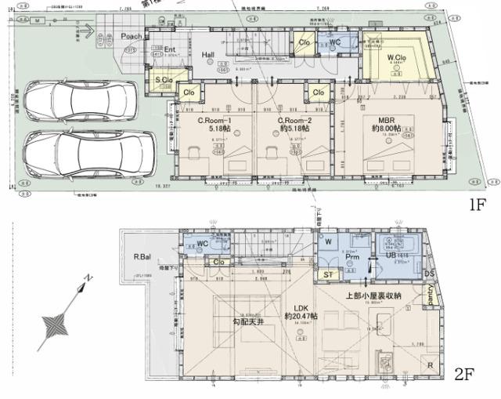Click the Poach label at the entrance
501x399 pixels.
(x=132, y=37)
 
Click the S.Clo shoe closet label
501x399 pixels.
(x=164, y=80)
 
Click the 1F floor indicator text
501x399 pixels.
(x=479, y=205)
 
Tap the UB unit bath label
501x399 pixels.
(x=391, y=256)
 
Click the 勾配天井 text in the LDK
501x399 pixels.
(x=247, y=322)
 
